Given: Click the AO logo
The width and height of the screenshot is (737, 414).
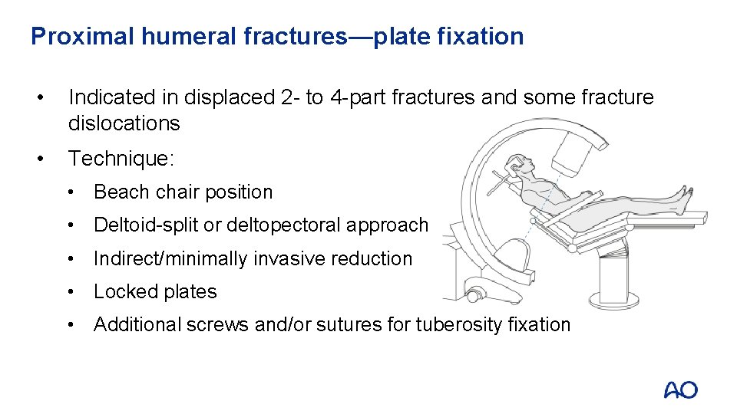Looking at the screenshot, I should (680, 390).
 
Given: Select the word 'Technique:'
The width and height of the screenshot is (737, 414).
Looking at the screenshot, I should (121, 159).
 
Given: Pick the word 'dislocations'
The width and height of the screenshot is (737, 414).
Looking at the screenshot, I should (124, 123).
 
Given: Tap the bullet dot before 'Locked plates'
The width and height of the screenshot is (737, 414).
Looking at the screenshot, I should (71, 292).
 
